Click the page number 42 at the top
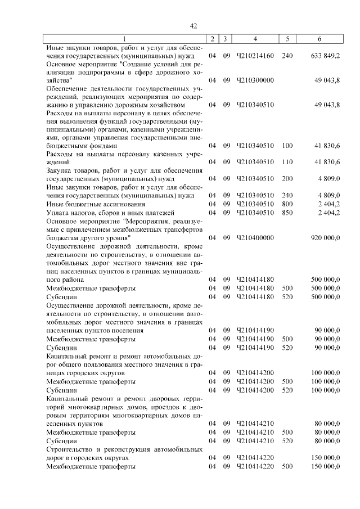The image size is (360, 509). pyautogui.click(x=193, y=26)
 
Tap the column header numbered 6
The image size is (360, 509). pyautogui.click(x=319, y=39)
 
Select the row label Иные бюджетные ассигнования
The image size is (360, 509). pyautogui.click(x=95, y=204)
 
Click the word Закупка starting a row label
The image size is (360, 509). pyautogui.click(x=60, y=170)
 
